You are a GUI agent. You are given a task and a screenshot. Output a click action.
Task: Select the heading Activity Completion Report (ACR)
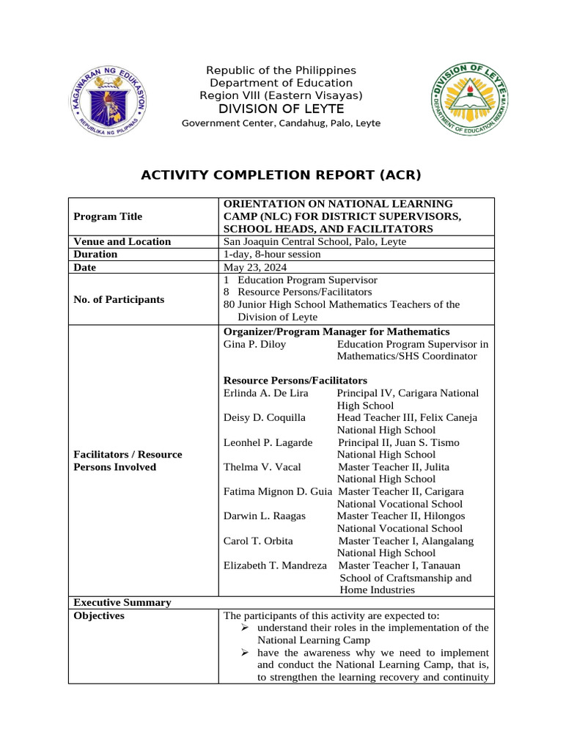point(281,175)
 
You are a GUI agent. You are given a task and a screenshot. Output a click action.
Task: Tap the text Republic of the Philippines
point(281,70)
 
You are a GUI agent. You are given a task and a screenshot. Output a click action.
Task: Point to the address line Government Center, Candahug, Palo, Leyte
point(281,123)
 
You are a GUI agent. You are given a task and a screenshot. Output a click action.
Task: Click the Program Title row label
point(108,216)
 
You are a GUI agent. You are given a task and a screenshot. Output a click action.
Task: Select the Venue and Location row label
point(122,241)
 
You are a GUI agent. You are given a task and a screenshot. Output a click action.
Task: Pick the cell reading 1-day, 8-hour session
point(271,254)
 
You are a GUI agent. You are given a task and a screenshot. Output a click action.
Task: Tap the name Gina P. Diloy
point(254,344)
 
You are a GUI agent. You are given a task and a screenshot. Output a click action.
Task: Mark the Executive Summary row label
point(122,602)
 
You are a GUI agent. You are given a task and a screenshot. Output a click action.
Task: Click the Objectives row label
point(99,615)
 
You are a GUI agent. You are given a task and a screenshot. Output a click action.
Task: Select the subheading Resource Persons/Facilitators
point(295,381)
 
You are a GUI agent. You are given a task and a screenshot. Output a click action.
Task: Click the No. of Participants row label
point(119,299)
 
